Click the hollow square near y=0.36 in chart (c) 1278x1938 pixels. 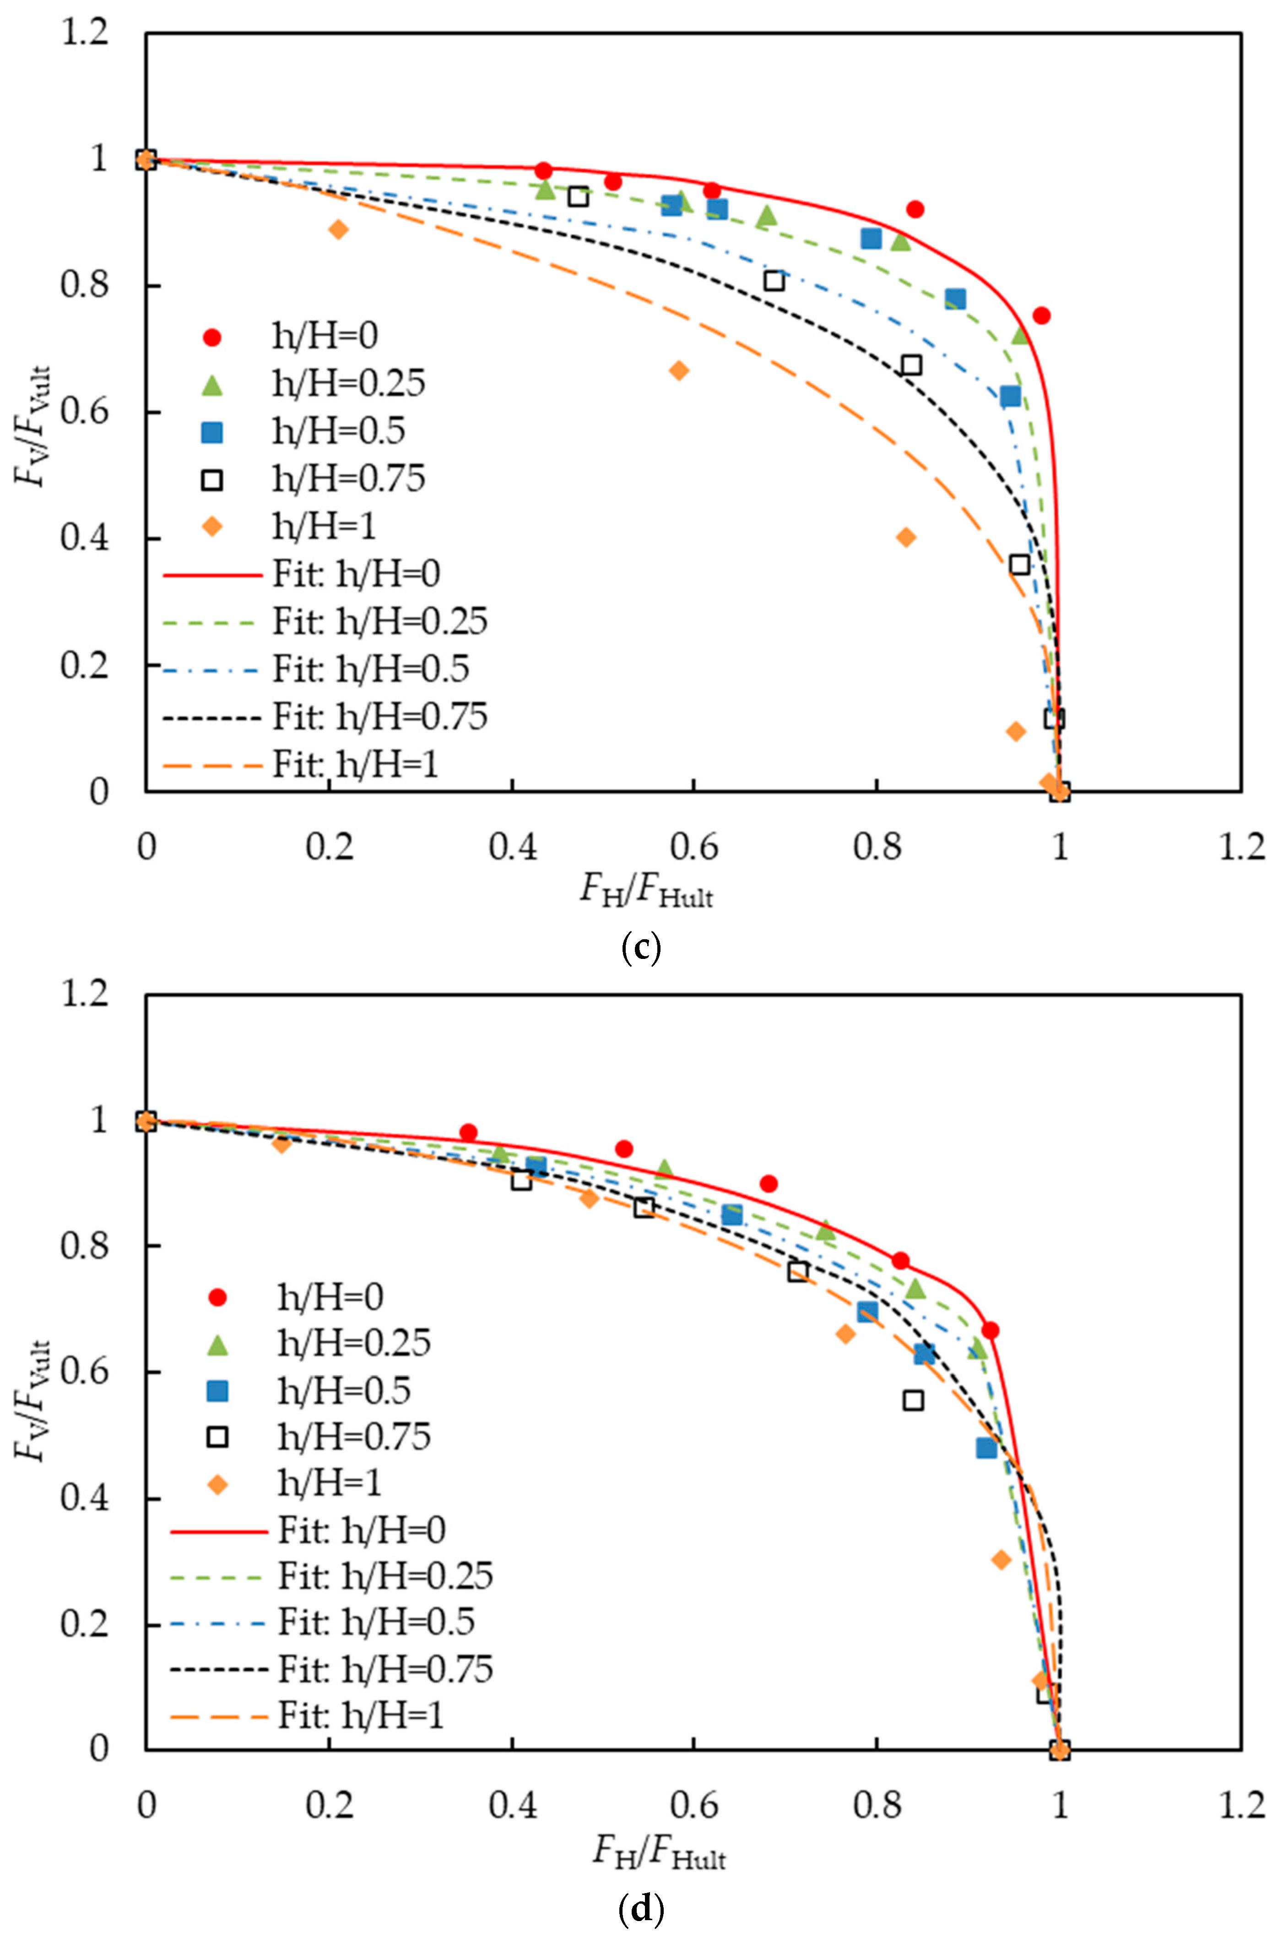point(1019,564)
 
